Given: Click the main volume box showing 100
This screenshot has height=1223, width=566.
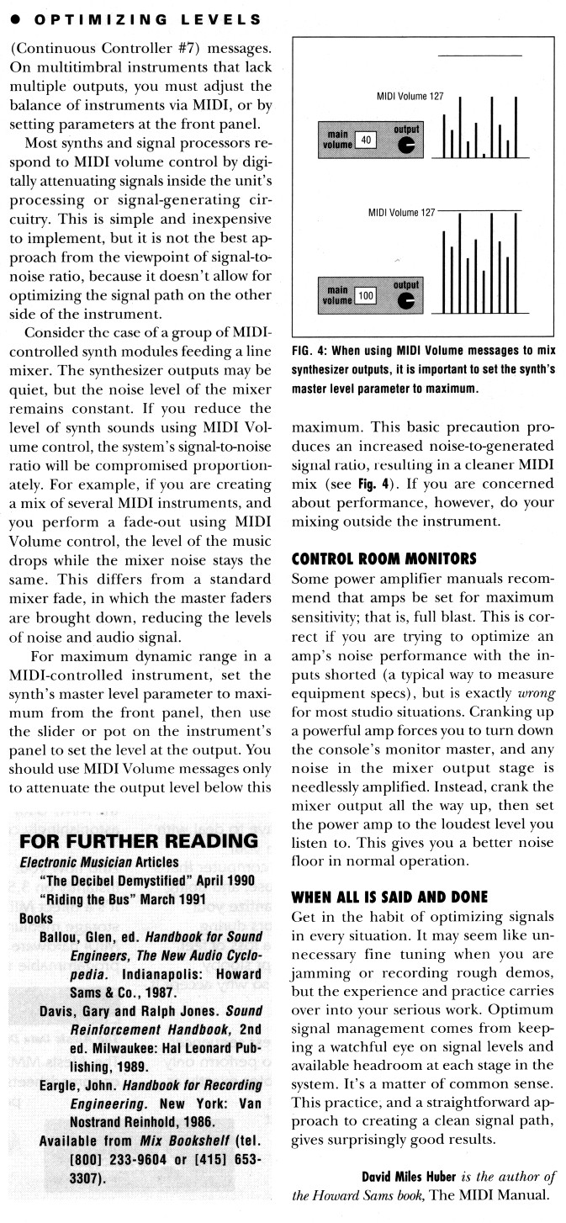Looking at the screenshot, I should tap(365, 296).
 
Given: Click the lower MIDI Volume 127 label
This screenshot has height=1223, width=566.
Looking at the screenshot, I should tap(400, 212).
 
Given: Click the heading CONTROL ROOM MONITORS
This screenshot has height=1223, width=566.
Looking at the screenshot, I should tap(384, 558).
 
